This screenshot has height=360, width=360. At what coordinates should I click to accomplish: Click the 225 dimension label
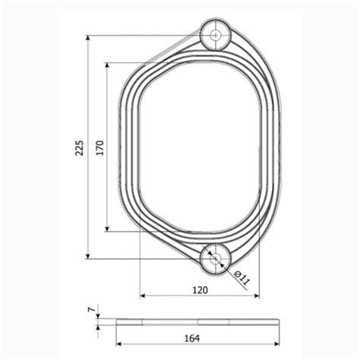click(x=79, y=147)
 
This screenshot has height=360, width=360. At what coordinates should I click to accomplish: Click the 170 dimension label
click(x=100, y=147)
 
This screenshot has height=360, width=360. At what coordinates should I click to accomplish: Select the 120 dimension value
click(x=200, y=290)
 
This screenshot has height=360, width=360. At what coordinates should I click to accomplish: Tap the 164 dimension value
click(x=192, y=338)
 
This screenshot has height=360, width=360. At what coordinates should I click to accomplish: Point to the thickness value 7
click(x=93, y=309)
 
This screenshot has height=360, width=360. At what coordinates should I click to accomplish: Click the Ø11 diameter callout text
click(x=242, y=278)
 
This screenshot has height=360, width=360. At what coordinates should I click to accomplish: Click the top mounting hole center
click(x=216, y=35)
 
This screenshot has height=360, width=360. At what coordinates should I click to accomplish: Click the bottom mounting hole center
click(x=216, y=258)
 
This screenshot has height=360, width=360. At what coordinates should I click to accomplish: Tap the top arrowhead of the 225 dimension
click(x=88, y=39)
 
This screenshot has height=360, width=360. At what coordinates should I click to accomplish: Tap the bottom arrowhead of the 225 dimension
click(x=88, y=255)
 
